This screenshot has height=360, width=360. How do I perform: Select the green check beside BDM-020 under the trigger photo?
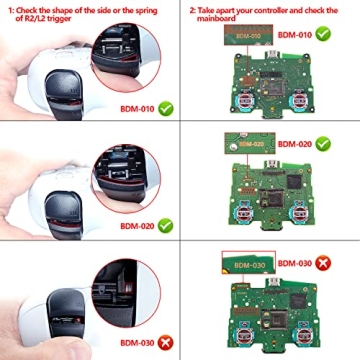coord(165,226)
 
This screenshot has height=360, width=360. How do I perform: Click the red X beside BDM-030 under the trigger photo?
coord(165,342)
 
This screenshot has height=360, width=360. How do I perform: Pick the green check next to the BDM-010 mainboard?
coord(322,34)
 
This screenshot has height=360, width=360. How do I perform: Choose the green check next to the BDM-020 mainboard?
coord(322,143)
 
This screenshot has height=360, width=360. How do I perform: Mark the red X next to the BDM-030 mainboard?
coord(322,264)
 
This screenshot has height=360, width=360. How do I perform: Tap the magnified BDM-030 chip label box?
coord(245,264)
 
